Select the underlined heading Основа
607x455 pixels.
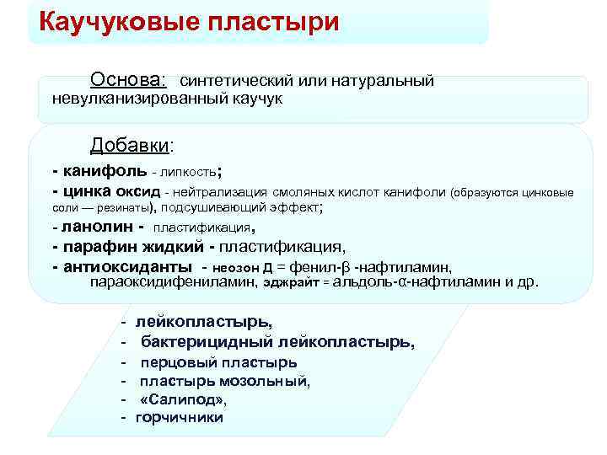click(x=128, y=80)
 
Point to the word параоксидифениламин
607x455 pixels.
click(x=174, y=282)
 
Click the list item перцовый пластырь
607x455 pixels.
click(x=218, y=362)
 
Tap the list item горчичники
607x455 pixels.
click(x=179, y=417)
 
